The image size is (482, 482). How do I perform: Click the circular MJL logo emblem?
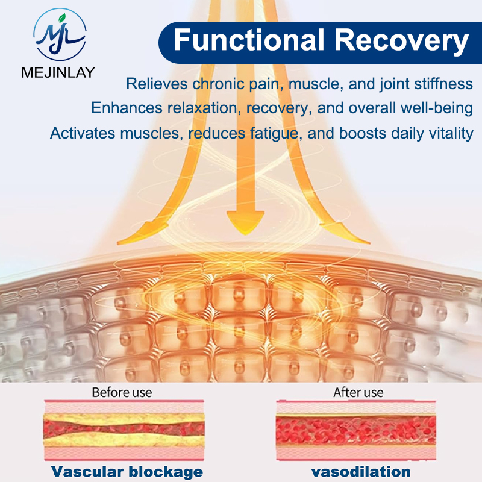pyautogui.click(x=60, y=34)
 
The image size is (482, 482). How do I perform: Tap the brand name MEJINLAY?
pyautogui.click(x=58, y=72)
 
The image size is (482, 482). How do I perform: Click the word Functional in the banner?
pyautogui.click(x=249, y=40)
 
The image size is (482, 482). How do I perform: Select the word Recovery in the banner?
pyautogui.click(x=401, y=42)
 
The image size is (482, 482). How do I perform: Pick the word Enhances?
pyautogui.click(x=127, y=108)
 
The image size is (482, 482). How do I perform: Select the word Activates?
pyautogui.click(x=83, y=133)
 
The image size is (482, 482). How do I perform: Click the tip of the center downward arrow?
pyautogui.click(x=245, y=235)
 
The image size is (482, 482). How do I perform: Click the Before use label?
pyautogui.click(x=122, y=393)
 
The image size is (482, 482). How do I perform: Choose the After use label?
pyautogui.click(x=358, y=393)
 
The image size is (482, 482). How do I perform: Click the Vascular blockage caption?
pyautogui.click(x=127, y=472)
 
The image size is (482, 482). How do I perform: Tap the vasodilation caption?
pyautogui.click(x=360, y=472)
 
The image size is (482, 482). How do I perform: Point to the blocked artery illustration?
pyautogui.click(x=124, y=430)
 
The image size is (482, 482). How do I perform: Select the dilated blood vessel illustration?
pyautogui.click(x=356, y=430)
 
